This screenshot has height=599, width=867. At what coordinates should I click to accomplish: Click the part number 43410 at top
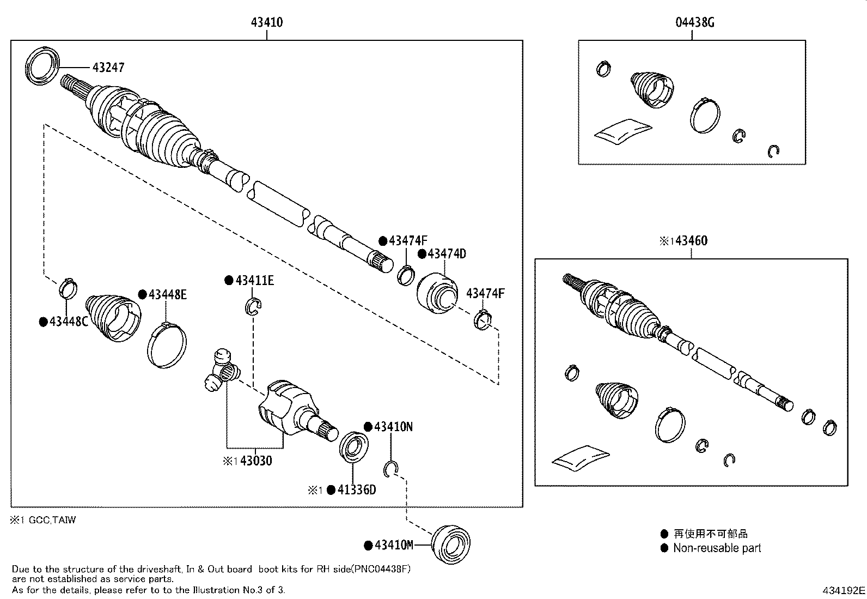tap(267, 22)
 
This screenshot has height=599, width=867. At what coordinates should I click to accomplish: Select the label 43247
tap(108, 68)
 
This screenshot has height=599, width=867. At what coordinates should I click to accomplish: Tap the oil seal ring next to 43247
tap(42, 66)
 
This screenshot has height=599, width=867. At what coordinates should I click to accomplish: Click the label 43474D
tap(447, 254)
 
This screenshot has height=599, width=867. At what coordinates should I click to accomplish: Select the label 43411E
tap(254, 281)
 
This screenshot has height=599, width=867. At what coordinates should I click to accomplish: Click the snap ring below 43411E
tap(254, 307)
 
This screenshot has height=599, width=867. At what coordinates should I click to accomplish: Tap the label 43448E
tap(167, 295)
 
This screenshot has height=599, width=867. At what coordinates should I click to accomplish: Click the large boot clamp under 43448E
tap(167, 346)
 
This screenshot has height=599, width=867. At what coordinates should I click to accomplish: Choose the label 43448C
tap(68, 322)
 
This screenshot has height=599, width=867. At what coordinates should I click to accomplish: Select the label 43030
tap(256, 461)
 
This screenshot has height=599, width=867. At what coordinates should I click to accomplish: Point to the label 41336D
tap(356, 490)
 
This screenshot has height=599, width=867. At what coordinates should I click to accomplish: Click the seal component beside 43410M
tap(450, 542)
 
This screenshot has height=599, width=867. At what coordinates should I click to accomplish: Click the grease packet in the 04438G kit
tap(622, 131)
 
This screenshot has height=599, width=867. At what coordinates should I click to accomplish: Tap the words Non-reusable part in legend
tap(717, 548)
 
